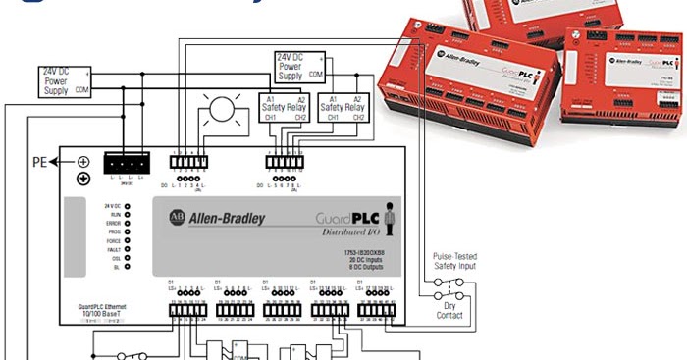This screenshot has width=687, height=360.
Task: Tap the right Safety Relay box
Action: click(345, 108)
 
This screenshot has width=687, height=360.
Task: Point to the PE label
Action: click(40, 162)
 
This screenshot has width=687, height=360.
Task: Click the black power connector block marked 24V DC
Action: click(127, 163)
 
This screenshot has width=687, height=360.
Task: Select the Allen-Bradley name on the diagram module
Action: click(227, 217)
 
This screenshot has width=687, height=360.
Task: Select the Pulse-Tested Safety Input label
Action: click(455, 262)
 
